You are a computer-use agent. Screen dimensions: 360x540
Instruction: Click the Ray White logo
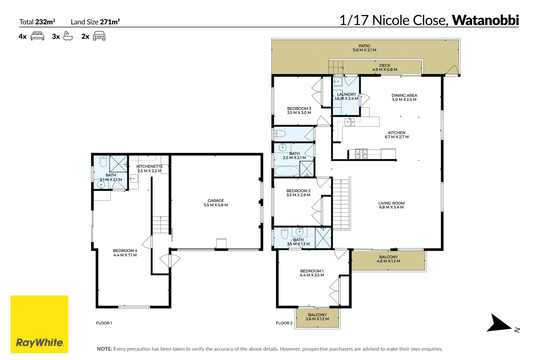pos(39,324)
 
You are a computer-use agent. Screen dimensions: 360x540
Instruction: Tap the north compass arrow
pos(499,323)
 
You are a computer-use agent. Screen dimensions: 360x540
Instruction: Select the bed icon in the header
pos(37,36)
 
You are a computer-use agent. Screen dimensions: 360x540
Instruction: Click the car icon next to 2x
pos(99,36)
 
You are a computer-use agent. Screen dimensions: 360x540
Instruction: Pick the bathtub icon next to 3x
pos(68,36)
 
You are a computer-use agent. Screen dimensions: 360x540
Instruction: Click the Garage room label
pos(216,203)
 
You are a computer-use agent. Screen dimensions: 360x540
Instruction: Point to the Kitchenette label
pos(149,168)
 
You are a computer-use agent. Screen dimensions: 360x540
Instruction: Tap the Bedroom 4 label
pos(125,253)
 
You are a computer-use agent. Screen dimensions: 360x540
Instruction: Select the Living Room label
pos(391,205)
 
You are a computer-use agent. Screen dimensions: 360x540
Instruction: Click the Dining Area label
pos(404,97)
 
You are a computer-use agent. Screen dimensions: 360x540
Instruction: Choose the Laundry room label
pos(346,96)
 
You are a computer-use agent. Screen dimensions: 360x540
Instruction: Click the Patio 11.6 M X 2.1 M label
pos(364,48)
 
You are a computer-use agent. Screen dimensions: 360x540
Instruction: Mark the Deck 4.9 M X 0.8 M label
pos(385,67)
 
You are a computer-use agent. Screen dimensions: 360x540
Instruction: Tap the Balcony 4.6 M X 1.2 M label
pos(388,259)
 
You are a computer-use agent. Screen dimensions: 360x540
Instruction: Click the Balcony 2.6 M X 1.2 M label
pos(317,317)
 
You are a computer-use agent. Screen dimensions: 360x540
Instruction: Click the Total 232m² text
pos(37,22)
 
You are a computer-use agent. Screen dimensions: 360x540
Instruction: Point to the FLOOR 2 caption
pos(284,323)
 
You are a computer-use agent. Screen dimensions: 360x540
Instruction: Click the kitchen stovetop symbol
pos(361,154)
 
